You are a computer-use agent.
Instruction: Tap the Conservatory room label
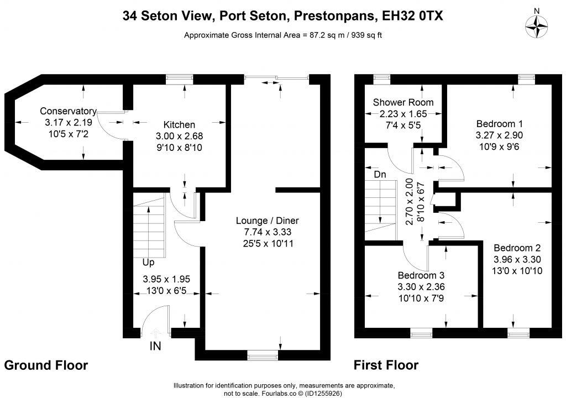click(68, 111)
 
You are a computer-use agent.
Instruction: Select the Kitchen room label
click(179, 124)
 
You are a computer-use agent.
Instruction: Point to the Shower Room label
click(403, 102)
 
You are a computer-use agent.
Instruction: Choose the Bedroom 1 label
click(499, 124)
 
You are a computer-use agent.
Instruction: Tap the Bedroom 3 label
click(421, 275)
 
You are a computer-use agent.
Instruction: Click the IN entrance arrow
click(155, 333)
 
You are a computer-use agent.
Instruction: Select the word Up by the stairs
click(148, 262)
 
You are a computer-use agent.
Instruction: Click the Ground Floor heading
click(46, 365)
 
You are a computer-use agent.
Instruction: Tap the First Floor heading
click(386, 365)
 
